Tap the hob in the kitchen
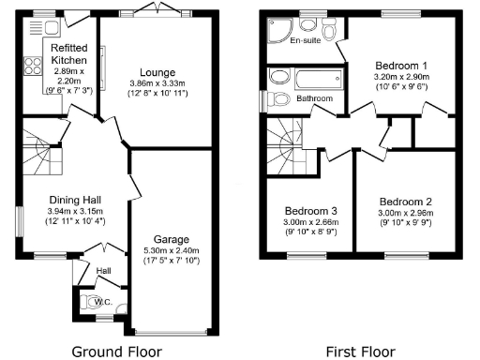click(32, 67)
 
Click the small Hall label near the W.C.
click(106, 272)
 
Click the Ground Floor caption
click(124, 352)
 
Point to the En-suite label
click(307, 42)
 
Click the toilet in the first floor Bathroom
click(278, 98)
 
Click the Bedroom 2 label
click(405, 202)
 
